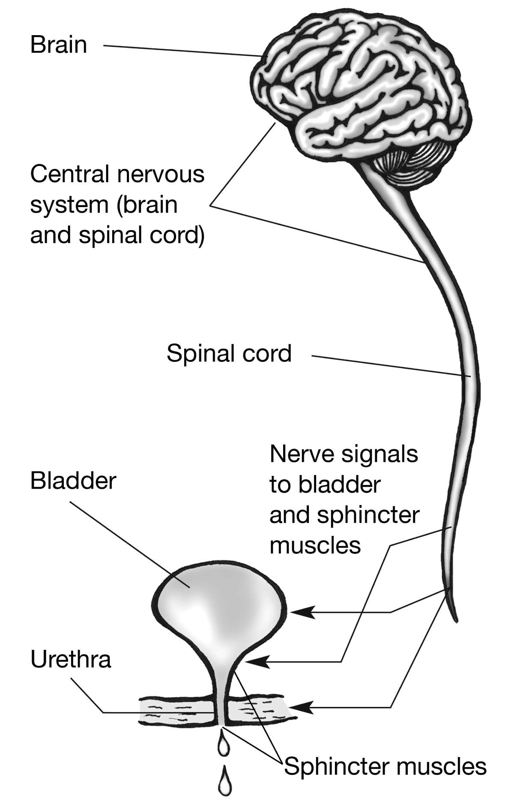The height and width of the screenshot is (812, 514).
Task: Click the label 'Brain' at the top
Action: pos(59,45)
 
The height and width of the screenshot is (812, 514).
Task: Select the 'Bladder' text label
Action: pos(73,481)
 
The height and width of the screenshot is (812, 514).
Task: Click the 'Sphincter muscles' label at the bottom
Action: pos(385,766)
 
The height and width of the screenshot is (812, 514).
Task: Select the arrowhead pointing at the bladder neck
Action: pos(256,662)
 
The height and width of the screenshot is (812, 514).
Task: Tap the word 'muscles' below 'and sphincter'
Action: pos(315,546)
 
